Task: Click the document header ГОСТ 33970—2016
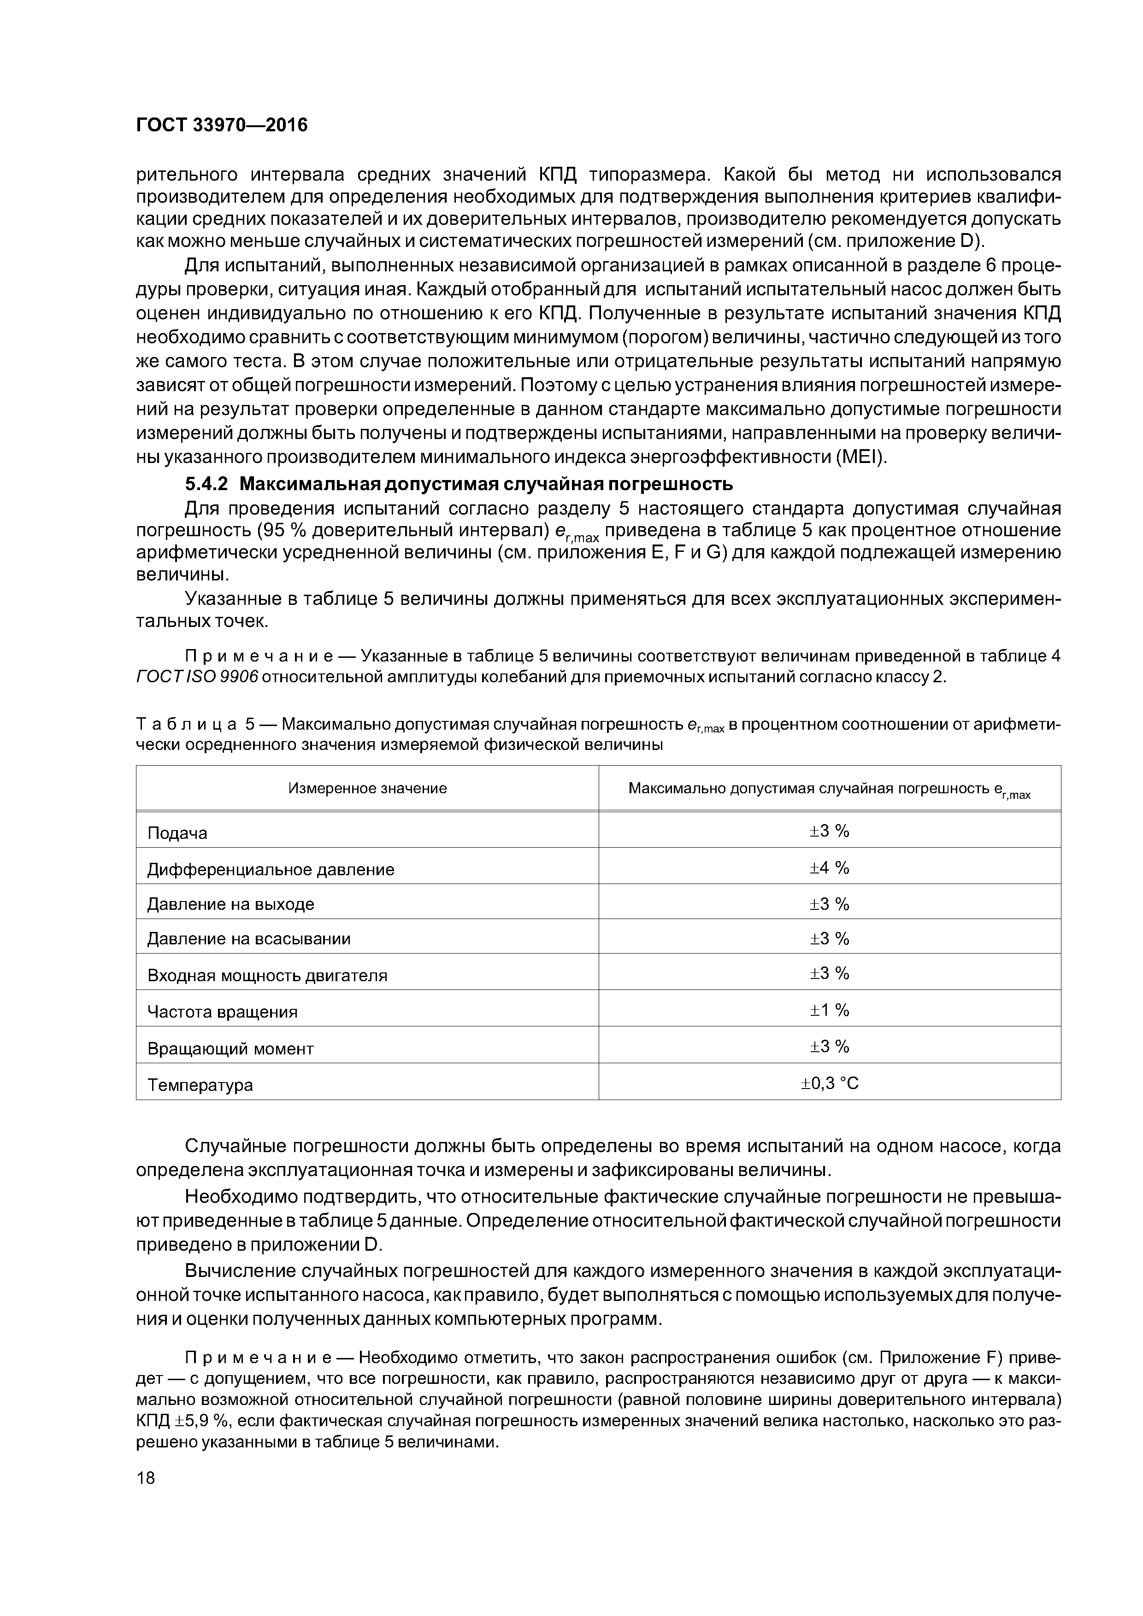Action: pyautogui.click(x=222, y=125)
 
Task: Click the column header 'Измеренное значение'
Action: pyautogui.click(x=367, y=788)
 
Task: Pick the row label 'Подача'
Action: pyautogui.click(x=177, y=833)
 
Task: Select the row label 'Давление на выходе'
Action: pyautogui.click(x=230, y=904)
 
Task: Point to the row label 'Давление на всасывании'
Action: pyautogui.click(x=248, y=939)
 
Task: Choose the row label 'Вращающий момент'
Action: pyautogui.click(x=230, y=1049)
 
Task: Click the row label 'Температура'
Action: pyautogui.click(x=200, y=1084)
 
